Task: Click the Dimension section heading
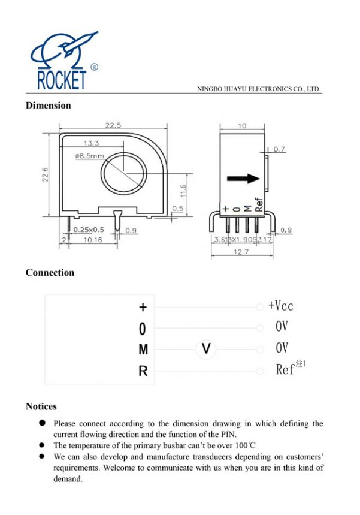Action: (x=48, y=106)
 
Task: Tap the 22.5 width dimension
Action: (x=113, y=125)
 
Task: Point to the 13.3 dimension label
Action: (x=92, y=144)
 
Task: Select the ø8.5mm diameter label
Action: (x=90, y=156)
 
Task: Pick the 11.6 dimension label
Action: (x=183, y=191)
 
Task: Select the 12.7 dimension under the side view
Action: (x=242, y=252)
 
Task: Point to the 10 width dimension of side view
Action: (x=242, y=126)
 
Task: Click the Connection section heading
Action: (x=50, y=273)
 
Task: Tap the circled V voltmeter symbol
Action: (x=206, y=348)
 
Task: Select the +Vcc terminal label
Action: (x=281, y=306)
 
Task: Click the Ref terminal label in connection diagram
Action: (x=286, y=370)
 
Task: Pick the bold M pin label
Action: (x=143, y=350)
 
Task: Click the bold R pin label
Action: (x=143, y=372)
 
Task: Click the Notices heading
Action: (x=41, y=406)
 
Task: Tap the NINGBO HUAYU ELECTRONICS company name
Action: (x=259, y=89)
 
